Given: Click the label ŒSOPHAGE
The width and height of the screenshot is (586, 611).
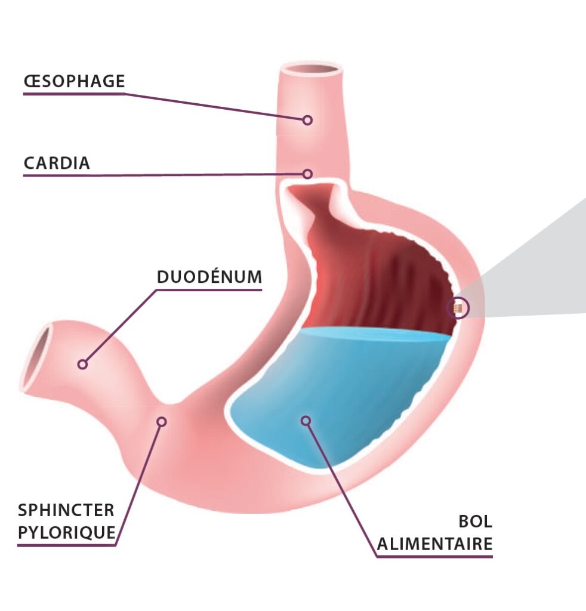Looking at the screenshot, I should pos(74,81).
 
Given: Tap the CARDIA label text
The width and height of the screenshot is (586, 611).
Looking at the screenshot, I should pos(57,163).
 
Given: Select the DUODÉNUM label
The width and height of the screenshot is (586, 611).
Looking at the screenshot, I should pos(209,277).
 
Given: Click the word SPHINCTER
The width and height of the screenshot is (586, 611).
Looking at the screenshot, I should pos(66,510).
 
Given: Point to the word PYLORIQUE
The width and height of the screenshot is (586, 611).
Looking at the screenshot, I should pos(66,532).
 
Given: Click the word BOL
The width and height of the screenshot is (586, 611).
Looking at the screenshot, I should pos(475,521).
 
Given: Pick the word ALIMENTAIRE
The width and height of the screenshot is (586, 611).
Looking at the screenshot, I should pos(435,544).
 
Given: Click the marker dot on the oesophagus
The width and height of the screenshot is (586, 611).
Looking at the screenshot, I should pos(307,120).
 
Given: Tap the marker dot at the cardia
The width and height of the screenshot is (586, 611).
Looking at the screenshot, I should pos(307,174).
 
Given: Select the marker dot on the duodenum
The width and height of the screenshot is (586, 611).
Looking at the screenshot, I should pos(83,364).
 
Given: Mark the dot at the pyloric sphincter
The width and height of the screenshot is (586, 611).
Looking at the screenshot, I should pos(161,421).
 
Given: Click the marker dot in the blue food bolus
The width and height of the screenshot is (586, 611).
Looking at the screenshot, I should pos(306,421).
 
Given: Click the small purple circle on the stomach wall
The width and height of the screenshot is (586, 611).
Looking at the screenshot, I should pos(458,308).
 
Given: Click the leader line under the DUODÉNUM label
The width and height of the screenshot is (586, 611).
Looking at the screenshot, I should pos(209,290).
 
